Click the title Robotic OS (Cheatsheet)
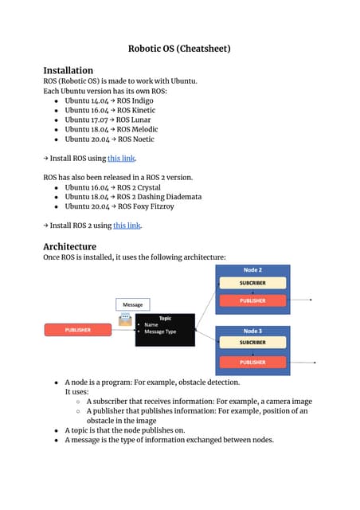[x=179, y=49]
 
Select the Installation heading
[x=68, y=70]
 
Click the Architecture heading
[x=69, y=246]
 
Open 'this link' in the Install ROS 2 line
[x=127, y=226]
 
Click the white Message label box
[x=132, y=304]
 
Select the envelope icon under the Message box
[x=125, y=320]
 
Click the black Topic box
[x=165, y=329]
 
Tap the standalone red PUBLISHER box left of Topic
[x=78, y=330]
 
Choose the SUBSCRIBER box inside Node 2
[x=252, y=283]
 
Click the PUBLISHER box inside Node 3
[x=252, y=362]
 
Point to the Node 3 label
[x=252, y=330]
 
